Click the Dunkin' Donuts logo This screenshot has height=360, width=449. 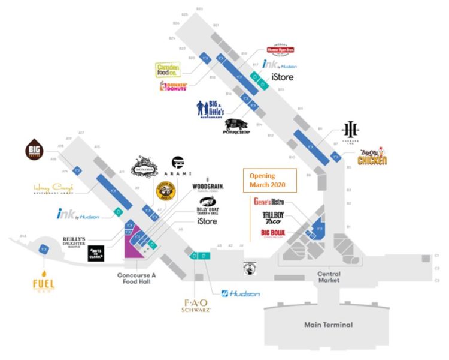point(174,86)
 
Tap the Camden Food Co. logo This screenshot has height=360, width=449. point(168,70)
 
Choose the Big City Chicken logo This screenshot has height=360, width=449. point(372,157)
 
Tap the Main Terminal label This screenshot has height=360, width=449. point(328,325)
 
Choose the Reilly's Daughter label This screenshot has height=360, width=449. point(75,242)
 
